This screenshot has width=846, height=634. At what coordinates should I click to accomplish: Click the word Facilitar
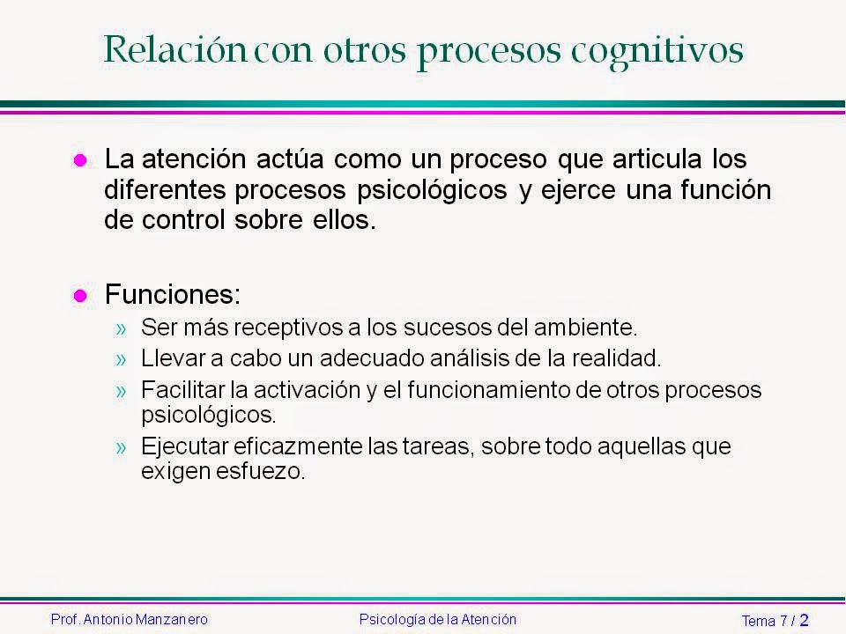[178, 390]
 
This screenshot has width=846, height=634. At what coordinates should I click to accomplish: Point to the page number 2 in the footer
[803, 620]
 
